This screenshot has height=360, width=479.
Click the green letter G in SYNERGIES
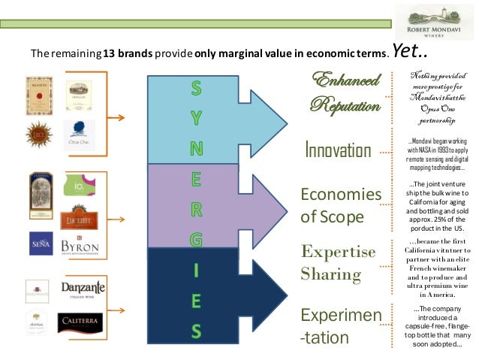pos(195,240)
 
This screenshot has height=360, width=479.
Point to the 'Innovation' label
pos(337,150)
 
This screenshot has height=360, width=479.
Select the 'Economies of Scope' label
pos(341,205)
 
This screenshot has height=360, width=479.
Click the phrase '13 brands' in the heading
pos(126,55)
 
